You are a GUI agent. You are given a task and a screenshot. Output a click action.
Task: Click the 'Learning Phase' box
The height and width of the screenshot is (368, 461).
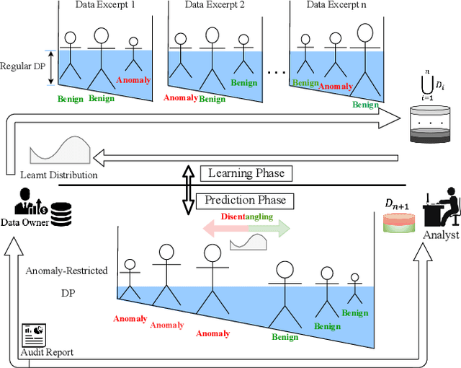click(246, 173)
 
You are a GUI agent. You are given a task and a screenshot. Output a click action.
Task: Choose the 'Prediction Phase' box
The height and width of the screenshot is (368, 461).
click(246, 200)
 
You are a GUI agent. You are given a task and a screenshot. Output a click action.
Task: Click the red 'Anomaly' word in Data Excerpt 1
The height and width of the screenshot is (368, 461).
click(133, 80)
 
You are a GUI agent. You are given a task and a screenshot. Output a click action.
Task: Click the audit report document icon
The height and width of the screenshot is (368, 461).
click(32, 333)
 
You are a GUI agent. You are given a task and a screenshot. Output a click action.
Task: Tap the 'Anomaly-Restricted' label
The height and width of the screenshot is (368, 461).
click(66, 271)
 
